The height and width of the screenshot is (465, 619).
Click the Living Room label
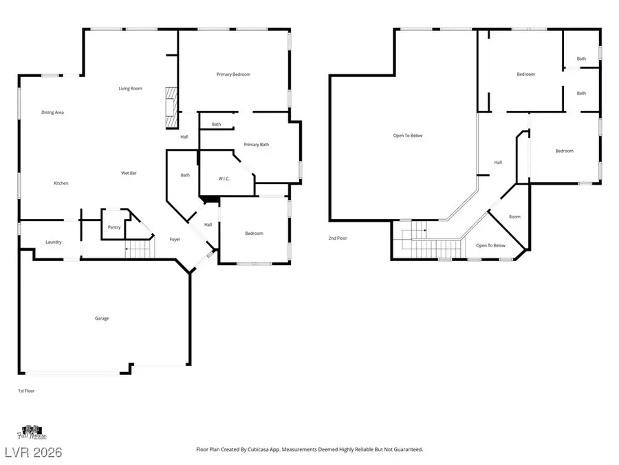pos(130,88)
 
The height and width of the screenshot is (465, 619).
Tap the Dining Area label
pos(52,112)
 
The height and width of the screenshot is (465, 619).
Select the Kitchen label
pos(61,183)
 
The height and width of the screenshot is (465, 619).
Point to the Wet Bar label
pos(129,173)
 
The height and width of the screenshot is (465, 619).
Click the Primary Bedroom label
pos(233,74)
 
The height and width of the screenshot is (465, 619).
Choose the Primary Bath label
pos(256,145)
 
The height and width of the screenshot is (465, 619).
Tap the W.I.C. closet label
pos(224,179)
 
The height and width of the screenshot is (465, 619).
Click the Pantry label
pos(114,227)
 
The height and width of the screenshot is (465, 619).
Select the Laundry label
pos(54,242)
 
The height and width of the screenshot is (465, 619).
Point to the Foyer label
pos(175,239)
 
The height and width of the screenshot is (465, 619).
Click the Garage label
pos(102,318)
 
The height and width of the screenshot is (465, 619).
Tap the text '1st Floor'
pos(26,391)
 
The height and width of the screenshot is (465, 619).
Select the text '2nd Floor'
pos(338,238)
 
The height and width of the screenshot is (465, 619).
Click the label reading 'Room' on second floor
pos(514,217)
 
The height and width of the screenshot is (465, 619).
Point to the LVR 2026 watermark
pos(32,452)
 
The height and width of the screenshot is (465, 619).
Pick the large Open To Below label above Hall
pos(408,136)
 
